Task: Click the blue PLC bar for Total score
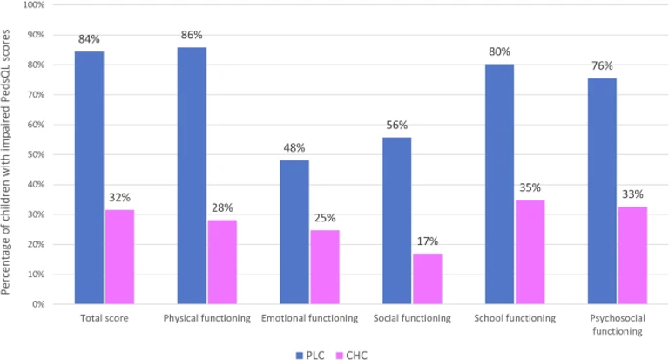coord(89,178)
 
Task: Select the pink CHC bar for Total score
coord(119,256)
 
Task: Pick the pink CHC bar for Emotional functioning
coord(325,267)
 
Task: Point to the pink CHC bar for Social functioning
coord(427,279)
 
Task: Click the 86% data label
coord(192,35)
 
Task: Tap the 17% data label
coord(427,241)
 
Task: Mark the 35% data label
coord(530,187)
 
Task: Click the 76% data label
coord(602,65)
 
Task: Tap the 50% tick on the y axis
coord(36,154)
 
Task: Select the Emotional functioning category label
coord(309,319)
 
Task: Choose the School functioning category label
coord(515,319)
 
